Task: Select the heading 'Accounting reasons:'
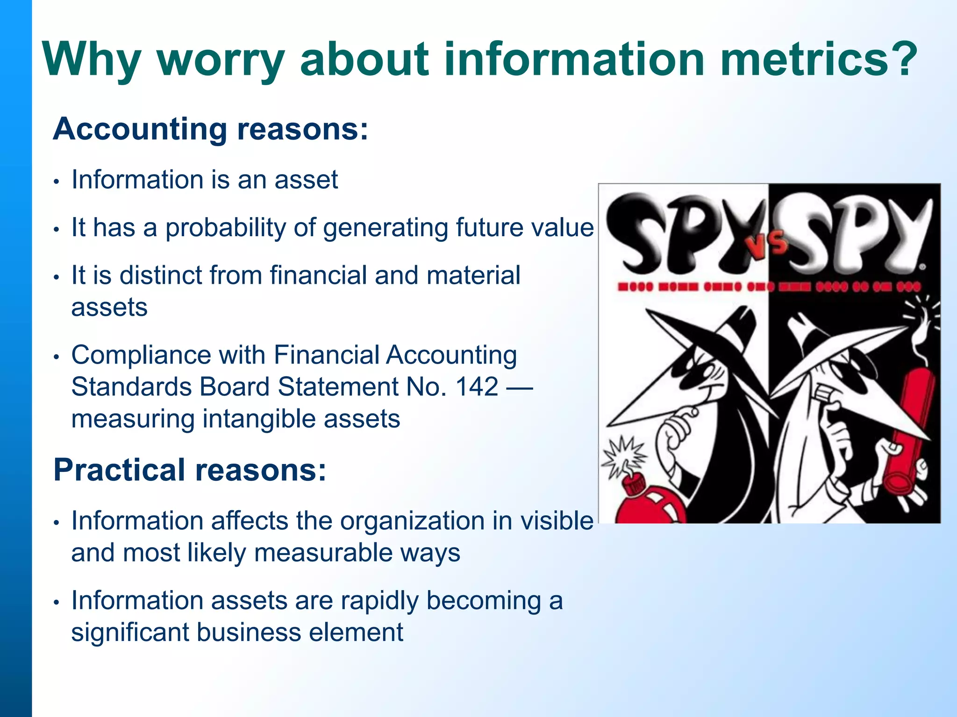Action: [x=211, y=129]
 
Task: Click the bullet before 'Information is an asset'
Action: [x=56, y=181]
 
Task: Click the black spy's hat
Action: [x=701, y=345]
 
